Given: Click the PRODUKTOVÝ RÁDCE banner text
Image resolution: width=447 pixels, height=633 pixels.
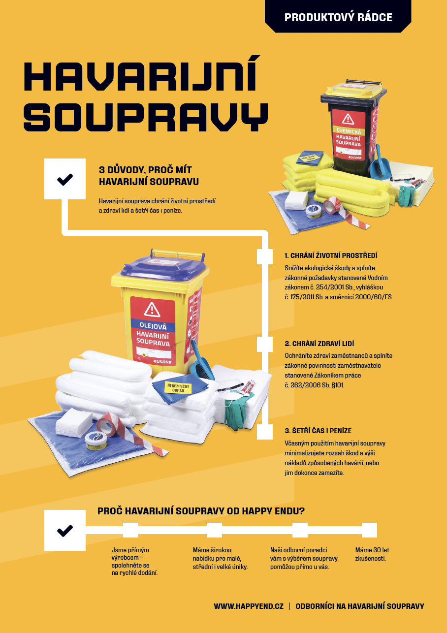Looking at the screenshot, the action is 338,17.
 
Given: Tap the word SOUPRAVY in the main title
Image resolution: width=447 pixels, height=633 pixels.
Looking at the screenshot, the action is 146,117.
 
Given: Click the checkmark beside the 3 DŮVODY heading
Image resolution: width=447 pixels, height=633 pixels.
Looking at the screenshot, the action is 65,179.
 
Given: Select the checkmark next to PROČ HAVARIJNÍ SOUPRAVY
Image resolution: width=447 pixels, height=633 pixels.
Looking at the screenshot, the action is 65,531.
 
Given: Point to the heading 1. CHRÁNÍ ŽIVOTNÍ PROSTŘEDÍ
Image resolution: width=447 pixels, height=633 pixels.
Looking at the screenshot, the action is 331,255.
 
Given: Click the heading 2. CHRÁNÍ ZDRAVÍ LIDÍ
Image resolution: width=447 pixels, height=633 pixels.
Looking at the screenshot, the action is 319,344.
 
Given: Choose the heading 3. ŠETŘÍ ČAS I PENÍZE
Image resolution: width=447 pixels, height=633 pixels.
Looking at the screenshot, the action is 318,431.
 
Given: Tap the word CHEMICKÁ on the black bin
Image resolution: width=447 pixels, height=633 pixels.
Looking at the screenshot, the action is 349,131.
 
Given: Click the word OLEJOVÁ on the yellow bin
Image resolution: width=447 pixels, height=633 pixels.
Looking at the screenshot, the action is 153,326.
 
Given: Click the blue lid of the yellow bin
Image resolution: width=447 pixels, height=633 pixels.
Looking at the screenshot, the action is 164,267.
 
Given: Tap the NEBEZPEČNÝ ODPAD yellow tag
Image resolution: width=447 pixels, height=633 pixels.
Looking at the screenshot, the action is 178,388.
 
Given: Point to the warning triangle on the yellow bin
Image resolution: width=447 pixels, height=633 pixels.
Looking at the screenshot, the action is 152,310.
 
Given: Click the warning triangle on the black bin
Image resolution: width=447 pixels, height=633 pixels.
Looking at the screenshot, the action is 348,119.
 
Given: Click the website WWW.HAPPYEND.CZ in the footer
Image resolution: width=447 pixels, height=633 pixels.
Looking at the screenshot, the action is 249,606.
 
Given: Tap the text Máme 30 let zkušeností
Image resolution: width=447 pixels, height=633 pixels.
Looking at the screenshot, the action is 372,554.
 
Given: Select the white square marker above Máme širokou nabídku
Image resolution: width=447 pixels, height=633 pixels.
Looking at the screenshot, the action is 214,530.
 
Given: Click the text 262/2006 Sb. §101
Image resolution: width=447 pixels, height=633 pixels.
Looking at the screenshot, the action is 317,385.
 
